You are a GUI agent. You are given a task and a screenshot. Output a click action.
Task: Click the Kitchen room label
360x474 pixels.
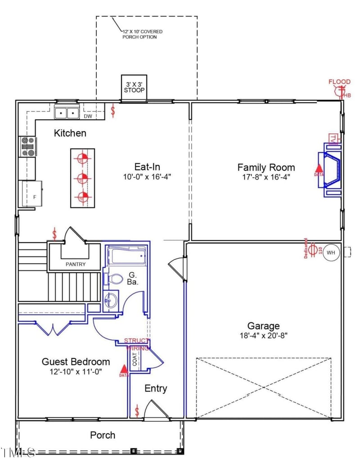[70, 133]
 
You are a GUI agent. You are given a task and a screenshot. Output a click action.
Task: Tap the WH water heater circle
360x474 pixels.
[331, 253]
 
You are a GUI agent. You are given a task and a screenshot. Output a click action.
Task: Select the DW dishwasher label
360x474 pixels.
[88, 117]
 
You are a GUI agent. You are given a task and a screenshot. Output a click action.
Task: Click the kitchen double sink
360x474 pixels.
[67, 113]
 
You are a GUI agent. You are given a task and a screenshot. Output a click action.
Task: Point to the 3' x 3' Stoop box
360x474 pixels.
[134, 87]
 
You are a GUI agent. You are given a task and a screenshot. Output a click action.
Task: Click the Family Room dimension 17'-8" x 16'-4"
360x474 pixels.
[266, 177]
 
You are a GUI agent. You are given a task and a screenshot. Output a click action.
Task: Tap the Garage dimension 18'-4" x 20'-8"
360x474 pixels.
[263, 335]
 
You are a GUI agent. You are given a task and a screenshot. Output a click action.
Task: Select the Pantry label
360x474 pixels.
[75, 264]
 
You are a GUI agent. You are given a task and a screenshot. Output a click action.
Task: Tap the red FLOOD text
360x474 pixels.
[339, 82]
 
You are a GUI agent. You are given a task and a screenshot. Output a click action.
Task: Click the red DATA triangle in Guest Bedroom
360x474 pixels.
[124, 370]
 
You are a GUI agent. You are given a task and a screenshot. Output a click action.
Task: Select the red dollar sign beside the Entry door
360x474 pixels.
[137, 411]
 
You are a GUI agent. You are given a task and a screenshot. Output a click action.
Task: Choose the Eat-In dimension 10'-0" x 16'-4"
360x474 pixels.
[147, 176]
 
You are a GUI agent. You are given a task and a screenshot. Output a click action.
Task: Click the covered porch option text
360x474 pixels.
[142, 34]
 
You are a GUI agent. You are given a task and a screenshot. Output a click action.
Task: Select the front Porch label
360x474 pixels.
[103, 435]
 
